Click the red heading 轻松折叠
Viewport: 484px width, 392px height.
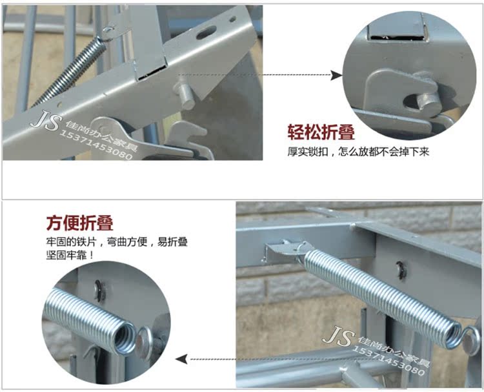[x=321, y=132]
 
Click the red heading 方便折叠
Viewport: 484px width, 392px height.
[x=80, y=223]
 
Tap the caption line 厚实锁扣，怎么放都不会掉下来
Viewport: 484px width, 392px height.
[x=358, y=152]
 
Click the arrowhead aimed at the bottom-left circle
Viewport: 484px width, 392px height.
[x=181, y=359]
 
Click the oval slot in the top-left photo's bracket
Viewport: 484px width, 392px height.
[x=206, y=32]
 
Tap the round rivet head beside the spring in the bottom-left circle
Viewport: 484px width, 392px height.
[x=144, y=342]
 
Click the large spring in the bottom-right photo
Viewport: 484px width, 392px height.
[x=383, y=298]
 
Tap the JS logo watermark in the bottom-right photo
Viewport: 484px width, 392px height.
[x=338, y=335]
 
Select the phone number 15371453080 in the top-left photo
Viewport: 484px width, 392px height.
[x=95, y=145]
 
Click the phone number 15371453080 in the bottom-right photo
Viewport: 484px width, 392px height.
[x=388, y=360]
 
